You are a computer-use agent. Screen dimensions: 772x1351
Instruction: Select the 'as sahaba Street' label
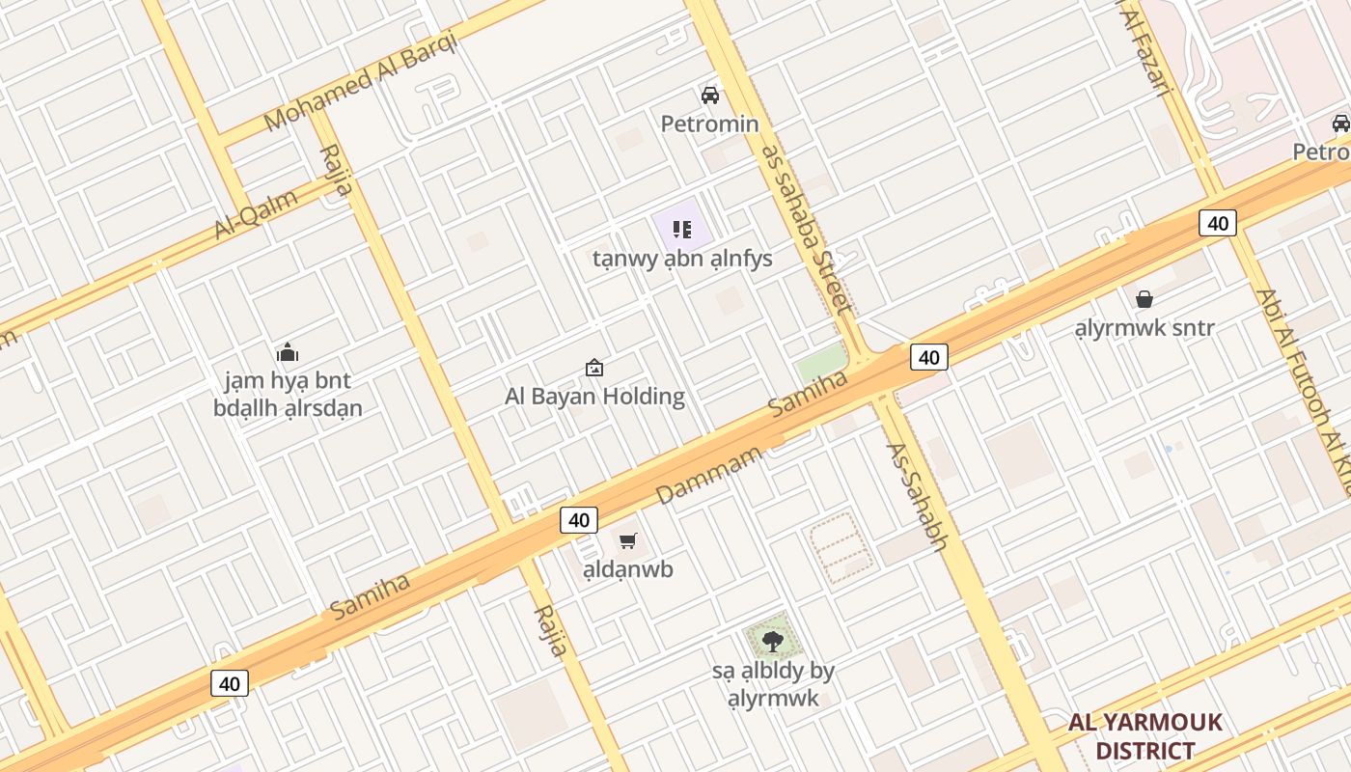pyautogui.click(x=808, y=229)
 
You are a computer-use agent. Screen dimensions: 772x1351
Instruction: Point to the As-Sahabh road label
pyautogui.click(x=917, y=496)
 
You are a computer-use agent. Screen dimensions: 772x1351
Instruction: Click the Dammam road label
pyautogui.click(x=709, y=475)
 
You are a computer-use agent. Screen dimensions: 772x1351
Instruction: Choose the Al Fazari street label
pyautogui.click(x=1145, y=48)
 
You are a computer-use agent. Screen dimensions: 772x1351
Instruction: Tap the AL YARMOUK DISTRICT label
pyautogui.click(x=1145, y=736)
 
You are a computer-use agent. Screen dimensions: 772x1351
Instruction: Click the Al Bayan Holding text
pyautogui.click(x=595, y=396)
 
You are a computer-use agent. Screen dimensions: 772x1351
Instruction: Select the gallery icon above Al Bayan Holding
pyautogui.click(x=594, y=368)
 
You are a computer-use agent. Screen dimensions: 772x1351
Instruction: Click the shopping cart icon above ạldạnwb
pyautogui.click(x=628, y=541)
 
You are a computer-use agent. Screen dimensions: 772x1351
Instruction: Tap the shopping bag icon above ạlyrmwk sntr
pyautogui.click(x=1144, y=299)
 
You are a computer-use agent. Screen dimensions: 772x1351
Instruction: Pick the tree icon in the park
pyautogui.click(x=772, y=641)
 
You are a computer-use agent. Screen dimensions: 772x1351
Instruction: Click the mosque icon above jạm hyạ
pyautogui.click(x=288, y=352)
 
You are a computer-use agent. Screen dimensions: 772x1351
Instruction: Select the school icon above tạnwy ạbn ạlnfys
pyautogui.click(x=682, y=230)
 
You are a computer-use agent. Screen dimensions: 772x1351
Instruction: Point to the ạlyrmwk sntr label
pyautogui.click(x=1144, y=328)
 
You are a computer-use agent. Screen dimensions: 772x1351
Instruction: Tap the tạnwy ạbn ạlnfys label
pyautogui.click(x=682, y=259)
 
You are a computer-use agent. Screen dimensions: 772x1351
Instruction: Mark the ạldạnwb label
pyautogui.click(x=628, y=569)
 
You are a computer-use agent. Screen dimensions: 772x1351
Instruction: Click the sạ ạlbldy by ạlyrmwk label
pyautogui.click(x=773, y=684)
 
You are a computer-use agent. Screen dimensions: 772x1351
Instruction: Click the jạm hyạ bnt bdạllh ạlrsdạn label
pyautogui.click(x=288, y=394)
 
